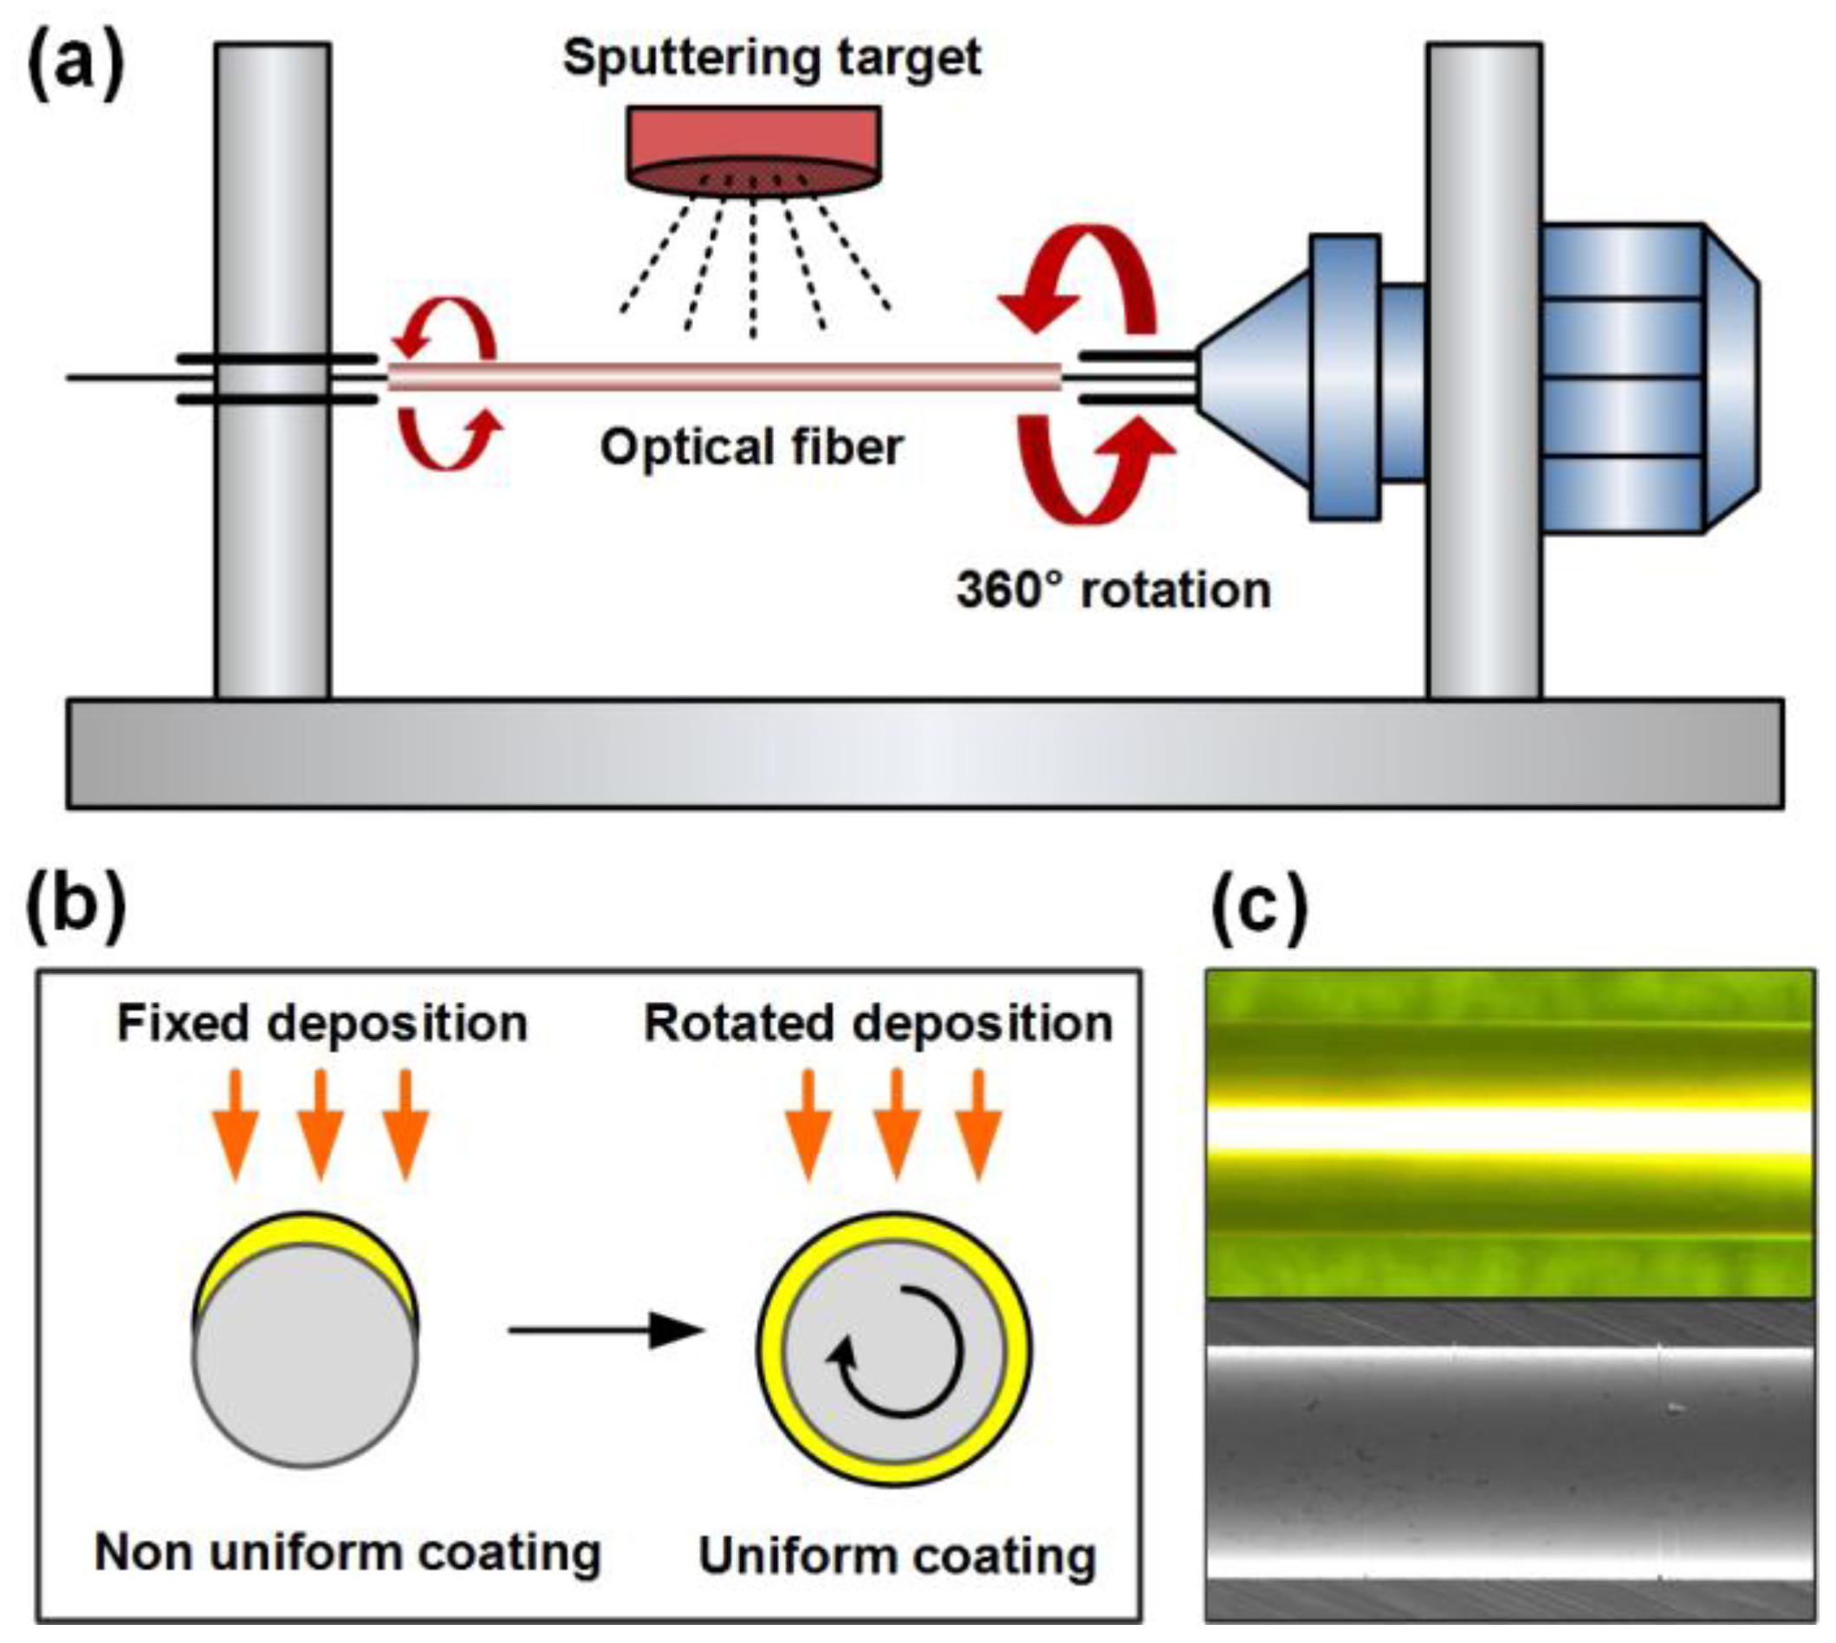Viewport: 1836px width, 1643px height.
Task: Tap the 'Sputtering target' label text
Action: coord(772,58)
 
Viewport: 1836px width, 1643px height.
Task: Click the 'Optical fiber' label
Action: coord(751,447)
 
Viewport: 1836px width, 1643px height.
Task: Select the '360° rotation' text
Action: coord(1113,590)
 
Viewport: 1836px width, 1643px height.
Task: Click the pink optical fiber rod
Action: coord(722,375)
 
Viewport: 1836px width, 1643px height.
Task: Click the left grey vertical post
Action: coord(273,542)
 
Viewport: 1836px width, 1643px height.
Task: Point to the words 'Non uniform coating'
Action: coord(347,1552)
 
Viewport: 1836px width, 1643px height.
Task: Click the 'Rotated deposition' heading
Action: coord(878,1023)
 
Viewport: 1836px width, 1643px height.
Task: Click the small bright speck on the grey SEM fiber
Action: coord(1677,1406)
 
